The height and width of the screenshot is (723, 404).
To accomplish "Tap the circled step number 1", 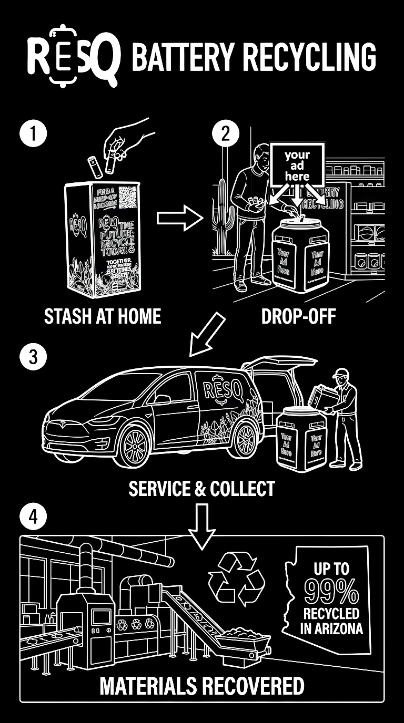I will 33,132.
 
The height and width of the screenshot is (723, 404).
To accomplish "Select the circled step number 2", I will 225,133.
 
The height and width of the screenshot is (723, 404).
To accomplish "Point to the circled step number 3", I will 33,357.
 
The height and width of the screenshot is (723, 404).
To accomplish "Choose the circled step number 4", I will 33,518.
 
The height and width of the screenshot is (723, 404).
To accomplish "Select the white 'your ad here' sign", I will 297,164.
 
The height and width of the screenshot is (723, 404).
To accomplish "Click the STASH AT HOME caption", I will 103,317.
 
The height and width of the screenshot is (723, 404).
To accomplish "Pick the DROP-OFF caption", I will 298,317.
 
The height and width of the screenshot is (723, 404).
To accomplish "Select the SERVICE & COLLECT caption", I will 202,489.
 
